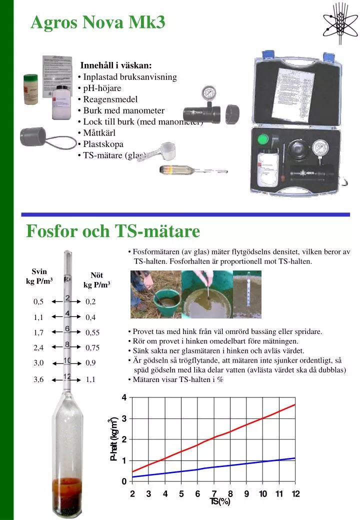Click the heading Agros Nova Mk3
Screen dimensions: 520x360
coord(97,22)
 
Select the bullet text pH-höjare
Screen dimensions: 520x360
coord(102,88)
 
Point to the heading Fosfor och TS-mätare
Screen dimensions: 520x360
coord(113,231)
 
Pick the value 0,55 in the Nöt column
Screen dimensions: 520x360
coord(92,332)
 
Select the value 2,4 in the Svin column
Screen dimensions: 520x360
coord(38,347)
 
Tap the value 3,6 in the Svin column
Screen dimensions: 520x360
coord(38,379)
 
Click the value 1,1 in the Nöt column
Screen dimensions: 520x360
coord(90,379)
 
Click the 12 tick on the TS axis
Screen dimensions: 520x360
coord(295,494)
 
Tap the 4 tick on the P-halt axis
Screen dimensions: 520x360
coord(124,397)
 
